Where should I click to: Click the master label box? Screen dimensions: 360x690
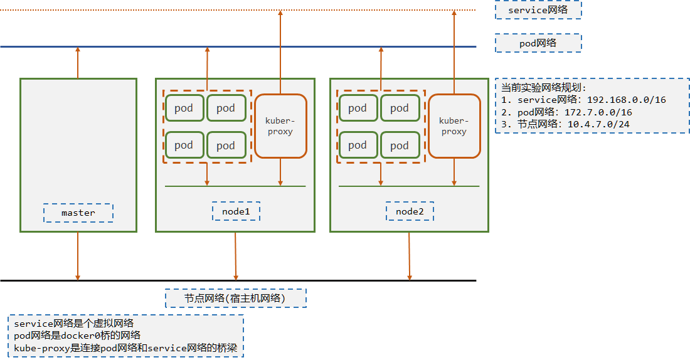pos(78,213)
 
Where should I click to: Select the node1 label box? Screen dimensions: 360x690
pos(236,211)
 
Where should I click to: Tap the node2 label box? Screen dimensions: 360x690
pos(410,211)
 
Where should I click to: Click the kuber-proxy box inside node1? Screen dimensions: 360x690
pos(280,125)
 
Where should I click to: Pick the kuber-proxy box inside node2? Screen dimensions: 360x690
pos(454,125)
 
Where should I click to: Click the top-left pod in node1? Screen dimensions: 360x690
pos(184,108)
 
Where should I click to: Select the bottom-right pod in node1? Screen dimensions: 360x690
pos(226,145)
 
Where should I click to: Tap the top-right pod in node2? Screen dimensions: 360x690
pos(400,108)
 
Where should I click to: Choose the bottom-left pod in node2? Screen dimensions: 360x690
pos(358,145)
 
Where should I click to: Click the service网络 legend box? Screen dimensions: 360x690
pos(538,10)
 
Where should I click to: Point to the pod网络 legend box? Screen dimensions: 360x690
pos(538,43)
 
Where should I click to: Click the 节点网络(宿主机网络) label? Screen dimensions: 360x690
pos(235,299)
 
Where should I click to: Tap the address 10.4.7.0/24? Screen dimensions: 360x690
pos(598,124)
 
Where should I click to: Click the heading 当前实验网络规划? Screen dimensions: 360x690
pos(543,87)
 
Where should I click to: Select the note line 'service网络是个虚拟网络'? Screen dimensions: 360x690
pos(74,324)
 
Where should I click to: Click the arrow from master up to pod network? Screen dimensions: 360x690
pos(78,63)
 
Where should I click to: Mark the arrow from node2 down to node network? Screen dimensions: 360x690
pos(409,256)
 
